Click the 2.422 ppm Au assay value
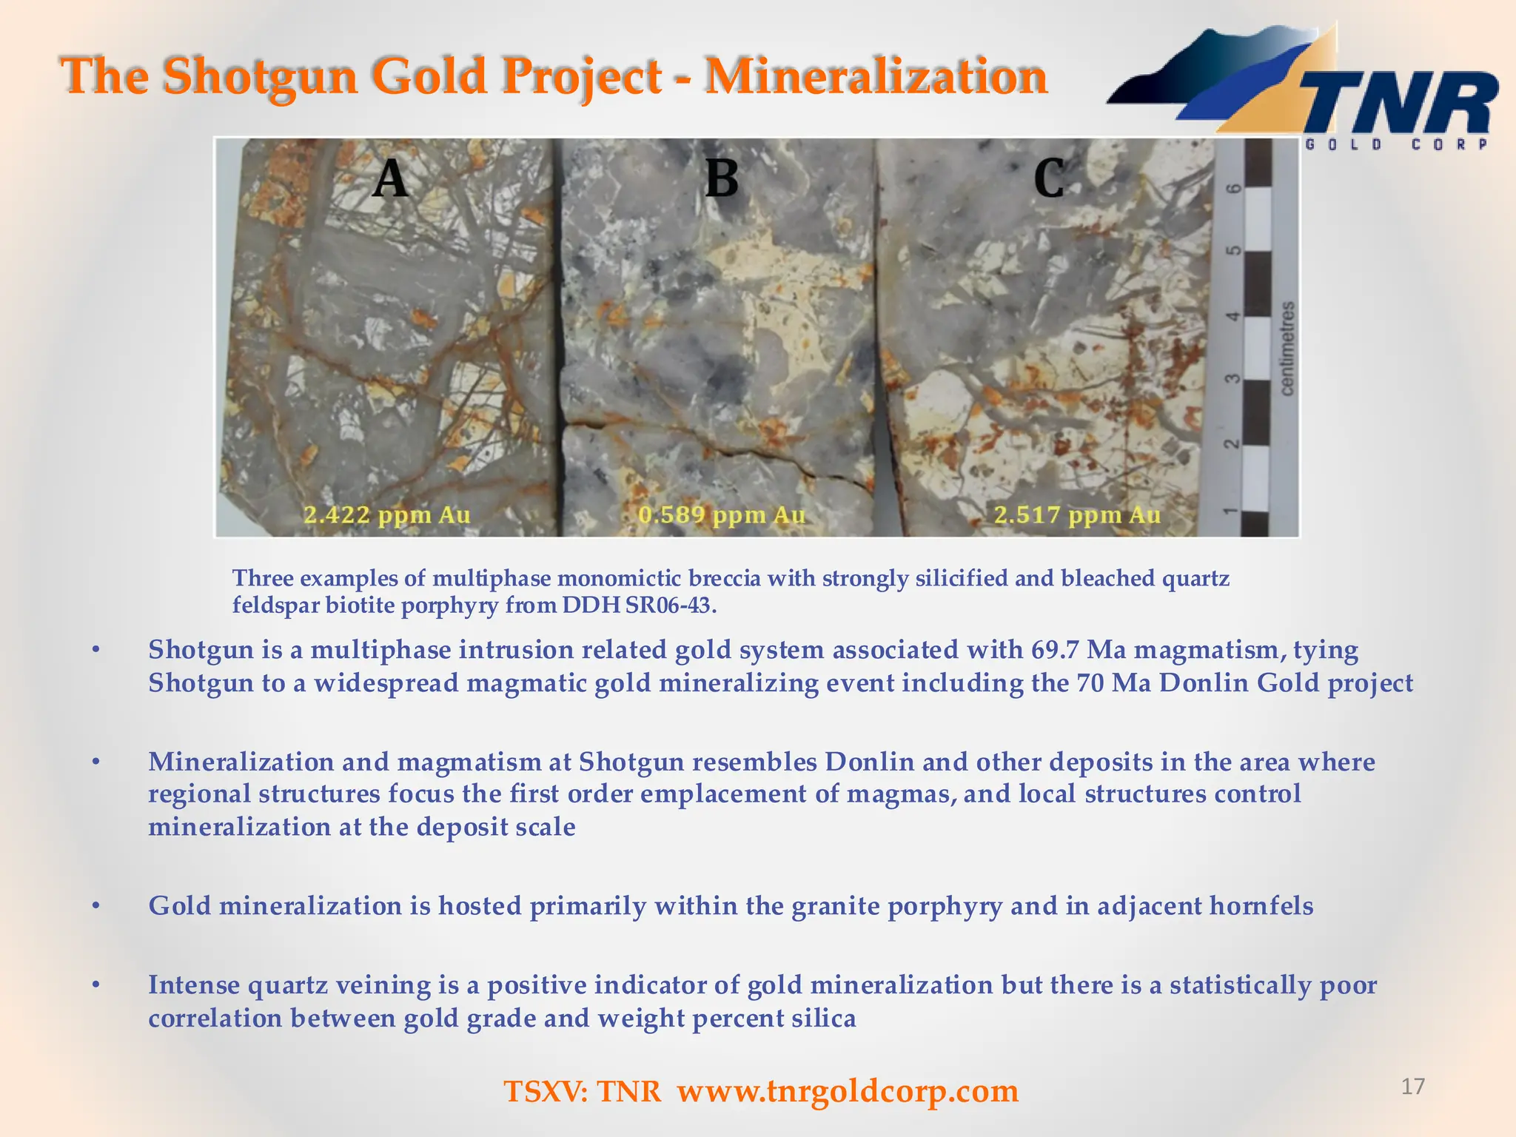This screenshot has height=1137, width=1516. coord(387,514)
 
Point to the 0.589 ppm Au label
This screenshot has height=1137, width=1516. coord(722,514)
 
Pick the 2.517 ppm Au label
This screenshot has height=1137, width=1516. coord(1077,514)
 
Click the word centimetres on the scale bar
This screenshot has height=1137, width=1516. coord(1288,348)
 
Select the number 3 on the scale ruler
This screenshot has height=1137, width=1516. coord(1232,379)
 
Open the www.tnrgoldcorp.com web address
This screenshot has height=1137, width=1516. coord(848,1090)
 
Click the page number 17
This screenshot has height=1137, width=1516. coord(1412,1086)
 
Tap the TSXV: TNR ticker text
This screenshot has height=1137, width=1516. coord(583,1091)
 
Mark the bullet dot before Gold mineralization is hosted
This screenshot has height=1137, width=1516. coord(95,906)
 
